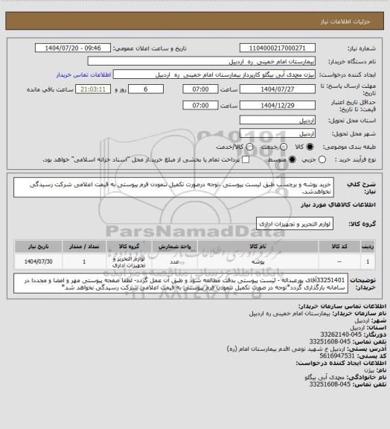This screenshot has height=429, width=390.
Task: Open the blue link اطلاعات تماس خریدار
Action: pyautogui.click(x=85, y=75)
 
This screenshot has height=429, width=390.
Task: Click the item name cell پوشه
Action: pyautogui.click(x=259, y=261)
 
